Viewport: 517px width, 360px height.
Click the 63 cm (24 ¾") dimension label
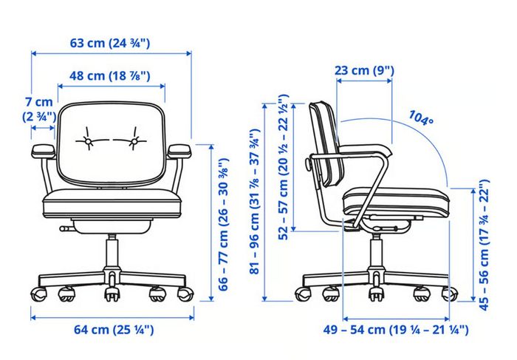110,43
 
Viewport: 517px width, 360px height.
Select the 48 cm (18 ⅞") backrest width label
110,76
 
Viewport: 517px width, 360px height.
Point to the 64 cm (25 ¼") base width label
114,329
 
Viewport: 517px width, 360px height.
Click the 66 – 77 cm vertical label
224,225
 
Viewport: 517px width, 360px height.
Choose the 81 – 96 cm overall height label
255,201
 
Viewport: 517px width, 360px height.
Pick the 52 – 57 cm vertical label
283,167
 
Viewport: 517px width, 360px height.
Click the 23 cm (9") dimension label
364,70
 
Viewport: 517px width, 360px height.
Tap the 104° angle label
421,118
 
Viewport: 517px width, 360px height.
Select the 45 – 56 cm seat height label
484,245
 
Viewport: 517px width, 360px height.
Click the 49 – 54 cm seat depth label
396,329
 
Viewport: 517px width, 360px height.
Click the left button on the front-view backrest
88,141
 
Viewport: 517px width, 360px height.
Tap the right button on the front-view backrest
134,141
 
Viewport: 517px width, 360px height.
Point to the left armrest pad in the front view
43,151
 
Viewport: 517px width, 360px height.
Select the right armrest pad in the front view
179,151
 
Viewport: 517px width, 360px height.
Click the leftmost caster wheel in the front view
38,293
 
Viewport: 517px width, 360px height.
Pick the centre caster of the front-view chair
112,292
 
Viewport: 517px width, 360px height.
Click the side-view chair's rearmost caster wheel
303,293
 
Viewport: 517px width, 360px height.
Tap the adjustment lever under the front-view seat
66,228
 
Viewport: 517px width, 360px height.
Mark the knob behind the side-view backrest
309,164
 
